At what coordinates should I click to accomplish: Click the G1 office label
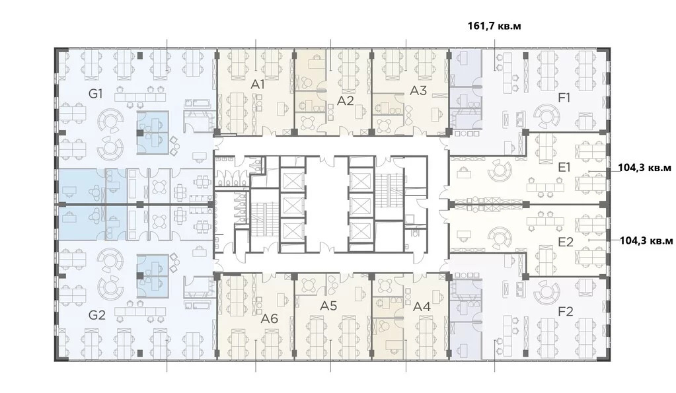[95, 94]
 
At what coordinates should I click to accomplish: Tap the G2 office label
[97, 315]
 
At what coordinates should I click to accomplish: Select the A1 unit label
[257, 85]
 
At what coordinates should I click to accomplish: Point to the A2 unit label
[346, 101]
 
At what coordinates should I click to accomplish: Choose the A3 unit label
[418, 91]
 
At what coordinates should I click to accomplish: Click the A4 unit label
[422, 307]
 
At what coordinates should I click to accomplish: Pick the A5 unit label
[328, 306]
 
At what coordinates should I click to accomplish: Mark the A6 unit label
[270, 319]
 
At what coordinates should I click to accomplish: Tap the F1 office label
[564, 98]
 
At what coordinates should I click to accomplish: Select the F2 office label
[565, 311]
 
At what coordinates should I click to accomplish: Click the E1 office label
[564, 167]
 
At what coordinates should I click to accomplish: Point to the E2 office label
[566, 242]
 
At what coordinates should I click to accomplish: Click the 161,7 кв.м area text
[494, 26]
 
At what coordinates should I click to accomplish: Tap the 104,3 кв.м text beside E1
[645, 168]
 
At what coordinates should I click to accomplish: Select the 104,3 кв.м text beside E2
[646, 241]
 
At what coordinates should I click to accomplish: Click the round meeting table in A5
[309, 285]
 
